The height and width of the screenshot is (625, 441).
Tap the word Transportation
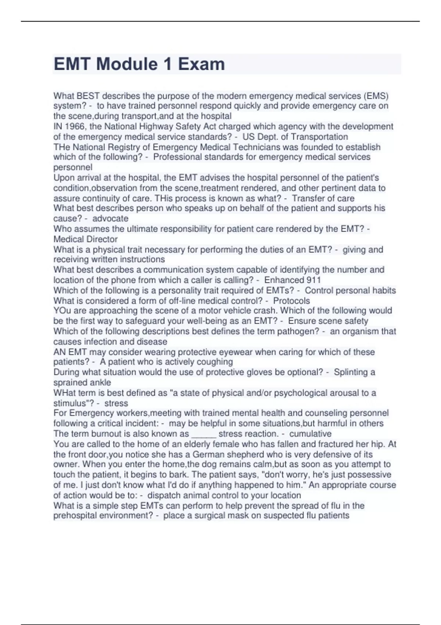[319, 137]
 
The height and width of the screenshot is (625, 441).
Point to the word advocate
[110, 218]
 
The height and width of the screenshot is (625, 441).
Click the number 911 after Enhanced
[313, 280]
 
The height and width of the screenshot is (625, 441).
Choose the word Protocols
[291, 301]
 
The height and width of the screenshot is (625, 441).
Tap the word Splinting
[351, 372]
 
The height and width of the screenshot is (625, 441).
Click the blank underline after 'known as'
[204, 434]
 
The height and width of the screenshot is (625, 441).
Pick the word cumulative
[310, 434]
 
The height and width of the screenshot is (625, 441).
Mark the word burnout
[99, 434]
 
